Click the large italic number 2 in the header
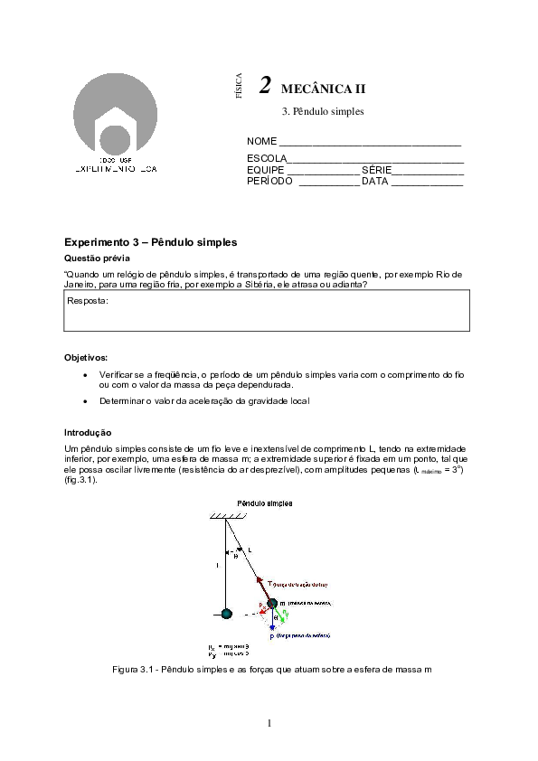coord(265,86)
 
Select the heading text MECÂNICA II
coord(324,89)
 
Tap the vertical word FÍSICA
coord(239,85)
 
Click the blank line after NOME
coord(370,143)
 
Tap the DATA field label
coord(374,181)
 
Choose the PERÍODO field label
coord(269,181)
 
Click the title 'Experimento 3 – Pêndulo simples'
coord(150,242)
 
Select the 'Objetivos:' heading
coord(86,358)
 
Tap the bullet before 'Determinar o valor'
coord(85,401)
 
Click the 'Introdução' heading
coord(88,433)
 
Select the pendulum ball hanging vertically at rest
coord(226,614)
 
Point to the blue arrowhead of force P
coord(271,626)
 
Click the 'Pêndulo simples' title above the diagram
coord(264,503)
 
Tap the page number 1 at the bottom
coord(269,722)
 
